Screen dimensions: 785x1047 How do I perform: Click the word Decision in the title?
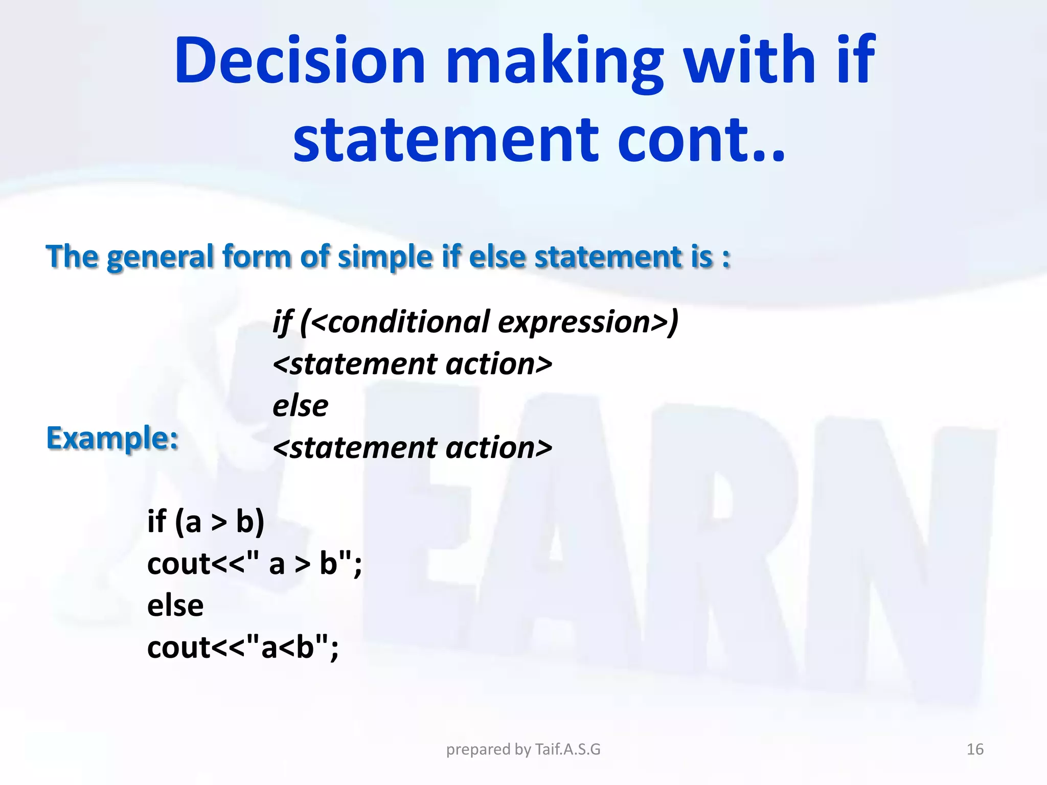[300, 60]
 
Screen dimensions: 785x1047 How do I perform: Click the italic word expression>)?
[588, 322]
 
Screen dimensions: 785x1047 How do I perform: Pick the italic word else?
[300, 406]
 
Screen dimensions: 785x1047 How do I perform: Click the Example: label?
[112, 438]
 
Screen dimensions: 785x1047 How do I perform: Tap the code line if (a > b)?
[206, 522]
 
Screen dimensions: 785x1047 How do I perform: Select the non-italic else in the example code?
[175, 606]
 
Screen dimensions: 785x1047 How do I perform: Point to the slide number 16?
[975, 749]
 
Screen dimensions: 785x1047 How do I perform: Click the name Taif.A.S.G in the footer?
[567, 749]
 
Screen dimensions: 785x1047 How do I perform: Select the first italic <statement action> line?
[412, 364]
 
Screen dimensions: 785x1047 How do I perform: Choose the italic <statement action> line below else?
[412, 448]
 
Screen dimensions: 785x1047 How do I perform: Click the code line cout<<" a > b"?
[254, 564]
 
